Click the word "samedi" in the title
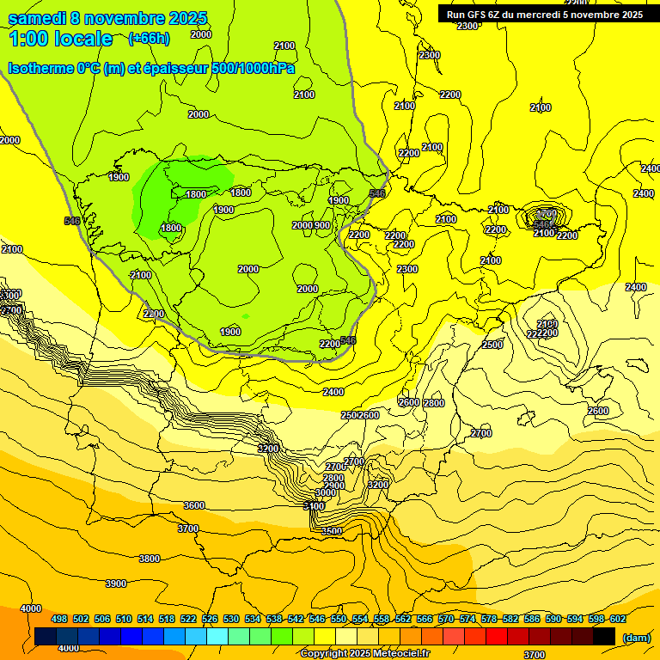[38, 18]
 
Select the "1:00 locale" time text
[61, 39]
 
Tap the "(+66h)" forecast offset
[149, 39]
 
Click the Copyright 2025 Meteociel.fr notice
[365, 654]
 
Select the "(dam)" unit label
[635, 638]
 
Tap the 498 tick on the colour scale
[59, 619]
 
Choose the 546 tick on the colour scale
[317, 619]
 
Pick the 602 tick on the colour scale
[618, 619]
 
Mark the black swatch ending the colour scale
[604, 636]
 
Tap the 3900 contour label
[116, 584]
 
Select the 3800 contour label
[149, 559]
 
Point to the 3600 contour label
[194, 505]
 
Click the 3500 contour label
[332, 531]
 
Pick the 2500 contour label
[492, 345]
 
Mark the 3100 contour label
[315, 506]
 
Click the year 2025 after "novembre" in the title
[184, 18]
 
